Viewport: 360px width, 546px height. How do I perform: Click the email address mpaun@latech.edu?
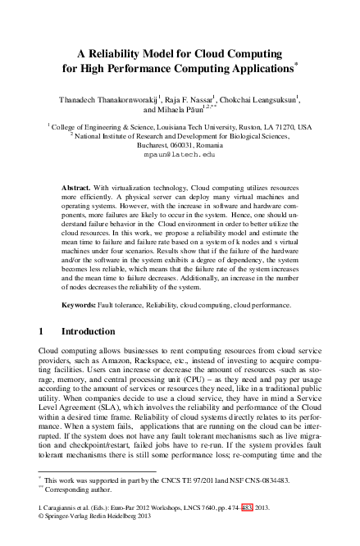point(180,153)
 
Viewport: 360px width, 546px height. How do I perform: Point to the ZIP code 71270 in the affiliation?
point(281,128)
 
